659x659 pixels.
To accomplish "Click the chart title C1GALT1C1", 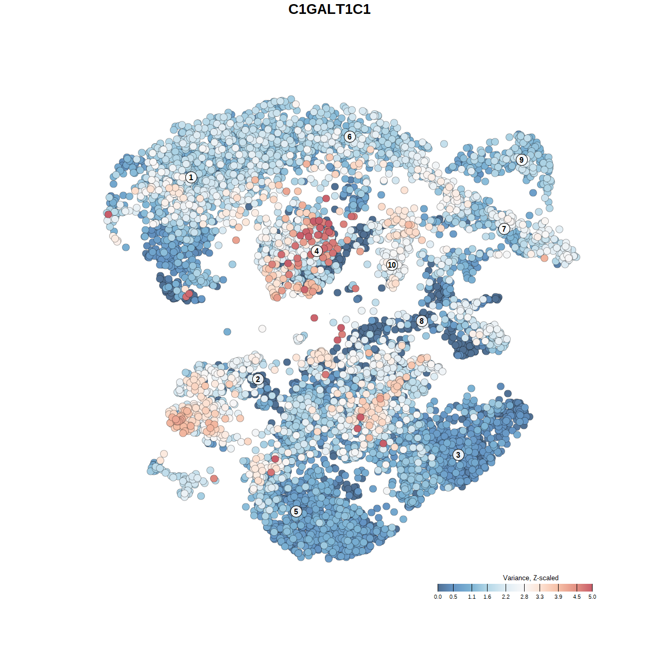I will pyautogui.click(x=329, y=10).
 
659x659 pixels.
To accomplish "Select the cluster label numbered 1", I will pyautogui.click(x=191, y=178).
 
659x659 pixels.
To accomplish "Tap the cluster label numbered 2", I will pyautogui.click(x=258, y=380).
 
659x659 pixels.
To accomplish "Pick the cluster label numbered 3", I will pyautogui.click(x=458, y=455).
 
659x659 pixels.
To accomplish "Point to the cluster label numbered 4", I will pyautogui.click(x=317, y=251).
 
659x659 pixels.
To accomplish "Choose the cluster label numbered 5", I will pyautogui.click(x=296, y=511).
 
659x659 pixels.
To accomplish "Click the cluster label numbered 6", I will pyautogui.click(x=350, y=136).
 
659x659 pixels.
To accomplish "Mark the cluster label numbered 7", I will pyautogui.click(x=504, y=229).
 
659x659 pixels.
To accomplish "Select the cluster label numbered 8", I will pyautogui.click(x=422, y=321).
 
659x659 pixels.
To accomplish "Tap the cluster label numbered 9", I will pyautogui.click(x=522, y=160).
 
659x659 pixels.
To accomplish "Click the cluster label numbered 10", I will pyautogui.click(x=392, y=265).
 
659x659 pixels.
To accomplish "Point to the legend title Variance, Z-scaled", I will pyautogui.click(x=530, y=578).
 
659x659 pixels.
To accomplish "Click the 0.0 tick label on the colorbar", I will pyautogui.click(x=438, y=597).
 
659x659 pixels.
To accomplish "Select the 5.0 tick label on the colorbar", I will pyautogui.click(x=592, y=597).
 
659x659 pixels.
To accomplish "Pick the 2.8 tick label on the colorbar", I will pyautogui.click(x=524, y=597).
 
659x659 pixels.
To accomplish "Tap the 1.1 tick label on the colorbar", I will pyautogui.click(x=472, y=597).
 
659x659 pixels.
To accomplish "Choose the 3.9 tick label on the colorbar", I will pyautogui.click(x=558, y=597).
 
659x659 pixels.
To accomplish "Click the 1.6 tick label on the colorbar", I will pyautogui.click(x=487, y=597).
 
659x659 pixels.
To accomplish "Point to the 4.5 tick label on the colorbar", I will pyautogui.click(x=577, y=597).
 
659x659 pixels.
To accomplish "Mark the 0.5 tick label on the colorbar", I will pyautogui.click(x=453, y=597).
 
